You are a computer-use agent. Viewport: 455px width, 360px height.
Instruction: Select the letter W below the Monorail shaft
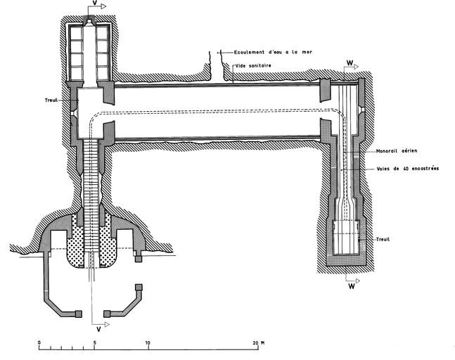click(350, 287)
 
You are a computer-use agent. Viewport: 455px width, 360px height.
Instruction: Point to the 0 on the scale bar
click(39, 342)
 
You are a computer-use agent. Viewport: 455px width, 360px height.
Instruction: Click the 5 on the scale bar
click(94, 342)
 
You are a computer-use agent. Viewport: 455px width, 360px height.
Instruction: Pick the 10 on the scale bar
click(148, 342)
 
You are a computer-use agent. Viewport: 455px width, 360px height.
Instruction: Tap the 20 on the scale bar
click(255, 342)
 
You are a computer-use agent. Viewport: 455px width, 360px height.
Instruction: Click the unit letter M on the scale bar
click(262, 342)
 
